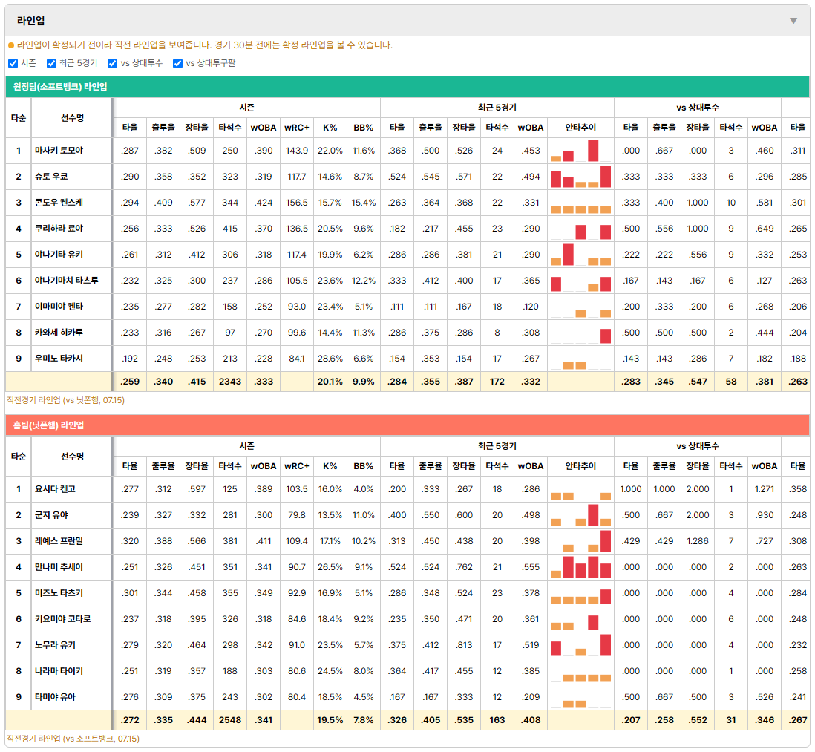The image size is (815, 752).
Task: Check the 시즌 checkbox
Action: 13,63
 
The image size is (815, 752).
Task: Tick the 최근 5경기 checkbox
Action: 51,63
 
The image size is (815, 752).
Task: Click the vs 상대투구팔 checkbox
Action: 177,63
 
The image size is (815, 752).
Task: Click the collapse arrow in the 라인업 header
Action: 793,21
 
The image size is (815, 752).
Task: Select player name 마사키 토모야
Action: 59,151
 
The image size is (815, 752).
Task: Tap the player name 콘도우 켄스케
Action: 59,203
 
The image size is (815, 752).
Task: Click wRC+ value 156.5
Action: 297,203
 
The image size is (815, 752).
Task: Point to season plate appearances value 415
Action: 230,229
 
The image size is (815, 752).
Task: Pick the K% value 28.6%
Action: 330,359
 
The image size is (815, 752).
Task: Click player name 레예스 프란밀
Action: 59,541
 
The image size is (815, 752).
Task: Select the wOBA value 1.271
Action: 764,489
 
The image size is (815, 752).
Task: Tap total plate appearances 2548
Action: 230,720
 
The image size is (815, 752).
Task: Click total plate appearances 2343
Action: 230,382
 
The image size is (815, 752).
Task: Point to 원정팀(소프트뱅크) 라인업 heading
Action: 60,87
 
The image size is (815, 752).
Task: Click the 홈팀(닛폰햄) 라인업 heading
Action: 48,425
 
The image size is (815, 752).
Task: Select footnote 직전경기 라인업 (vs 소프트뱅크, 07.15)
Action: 73,739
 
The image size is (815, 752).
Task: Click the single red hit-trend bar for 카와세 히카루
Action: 606,336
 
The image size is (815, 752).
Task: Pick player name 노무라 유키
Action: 55,645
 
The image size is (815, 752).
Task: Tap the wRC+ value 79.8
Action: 297,515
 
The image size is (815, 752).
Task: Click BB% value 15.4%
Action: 363,203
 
